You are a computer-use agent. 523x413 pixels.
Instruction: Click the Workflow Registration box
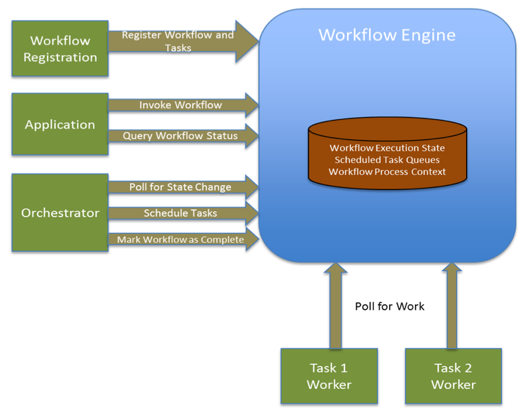tap(60, 48)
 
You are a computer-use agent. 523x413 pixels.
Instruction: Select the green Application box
tap(60, 125)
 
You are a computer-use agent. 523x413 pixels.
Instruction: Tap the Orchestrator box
tap(60, 213)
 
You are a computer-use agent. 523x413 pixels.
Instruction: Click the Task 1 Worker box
tap(329, 376)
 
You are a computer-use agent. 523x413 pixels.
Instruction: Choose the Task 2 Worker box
tap(454, 376)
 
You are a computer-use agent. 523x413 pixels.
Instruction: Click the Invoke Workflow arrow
tap(181, 105)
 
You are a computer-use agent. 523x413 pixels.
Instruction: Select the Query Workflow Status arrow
tap(181, 136)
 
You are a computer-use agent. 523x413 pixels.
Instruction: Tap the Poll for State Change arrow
tap(181, 187)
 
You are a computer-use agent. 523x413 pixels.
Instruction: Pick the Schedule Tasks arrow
tap(181, 213)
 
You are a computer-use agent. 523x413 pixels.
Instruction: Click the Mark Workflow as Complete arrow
tap(181, 240)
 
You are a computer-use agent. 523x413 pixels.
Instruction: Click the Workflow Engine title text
tap(387, 34)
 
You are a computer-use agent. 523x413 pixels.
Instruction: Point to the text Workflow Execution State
tap(387, 148)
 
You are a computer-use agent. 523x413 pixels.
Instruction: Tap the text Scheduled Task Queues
tap(387, 160)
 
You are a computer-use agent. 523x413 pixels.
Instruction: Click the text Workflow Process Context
tap(387, 171)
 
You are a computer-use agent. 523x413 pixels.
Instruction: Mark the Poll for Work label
tap(390, 306)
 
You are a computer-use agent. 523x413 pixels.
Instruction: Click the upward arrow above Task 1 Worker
tap(335, 306)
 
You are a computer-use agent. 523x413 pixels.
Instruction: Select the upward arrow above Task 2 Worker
tap(452, 306)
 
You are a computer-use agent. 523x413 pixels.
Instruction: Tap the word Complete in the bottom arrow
tap(221, 240)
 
